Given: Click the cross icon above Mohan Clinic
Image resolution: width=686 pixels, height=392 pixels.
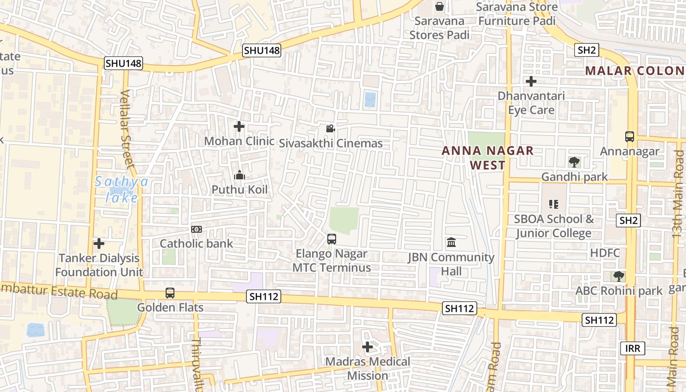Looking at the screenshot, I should tap(239, 127).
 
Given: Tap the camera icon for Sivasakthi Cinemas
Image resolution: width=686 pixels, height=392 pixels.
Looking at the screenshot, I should tap(330, 129).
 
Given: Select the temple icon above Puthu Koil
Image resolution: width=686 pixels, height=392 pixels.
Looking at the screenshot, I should tap(240, 175).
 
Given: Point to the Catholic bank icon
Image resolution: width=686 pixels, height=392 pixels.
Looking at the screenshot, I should tap(196, 229).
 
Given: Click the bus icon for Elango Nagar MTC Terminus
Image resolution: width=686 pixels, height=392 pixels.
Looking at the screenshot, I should tap(332, 239).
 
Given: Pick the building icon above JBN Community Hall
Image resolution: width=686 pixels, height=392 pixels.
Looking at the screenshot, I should tap(451, 243).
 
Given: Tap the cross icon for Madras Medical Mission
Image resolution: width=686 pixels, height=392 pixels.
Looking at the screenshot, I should tap(367, 347).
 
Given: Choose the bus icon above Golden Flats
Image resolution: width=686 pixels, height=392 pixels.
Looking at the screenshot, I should tap(170, 293).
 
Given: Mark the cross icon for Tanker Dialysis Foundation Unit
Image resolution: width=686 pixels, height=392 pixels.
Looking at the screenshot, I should tap(99, 243).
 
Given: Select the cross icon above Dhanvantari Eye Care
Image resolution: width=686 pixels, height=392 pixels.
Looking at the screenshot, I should tap(531, 81).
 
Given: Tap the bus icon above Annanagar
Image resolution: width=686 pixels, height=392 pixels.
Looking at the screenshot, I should tap(630, 137).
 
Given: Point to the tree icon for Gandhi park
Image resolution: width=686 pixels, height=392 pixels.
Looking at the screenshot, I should tap(574, 162).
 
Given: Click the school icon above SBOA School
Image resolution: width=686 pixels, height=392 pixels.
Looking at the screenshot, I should tap(554, 204).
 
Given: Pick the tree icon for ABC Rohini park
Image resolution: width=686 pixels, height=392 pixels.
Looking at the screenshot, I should tap(619, 276).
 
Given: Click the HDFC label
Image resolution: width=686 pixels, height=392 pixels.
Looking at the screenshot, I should tap(605, 253).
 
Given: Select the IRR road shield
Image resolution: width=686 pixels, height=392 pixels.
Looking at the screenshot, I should tap(633, 348).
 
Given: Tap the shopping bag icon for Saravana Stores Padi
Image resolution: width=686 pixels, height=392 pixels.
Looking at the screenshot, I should tap(440, 6).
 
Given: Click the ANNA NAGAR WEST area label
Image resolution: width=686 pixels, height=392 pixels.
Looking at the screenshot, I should tap(488, 158).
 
